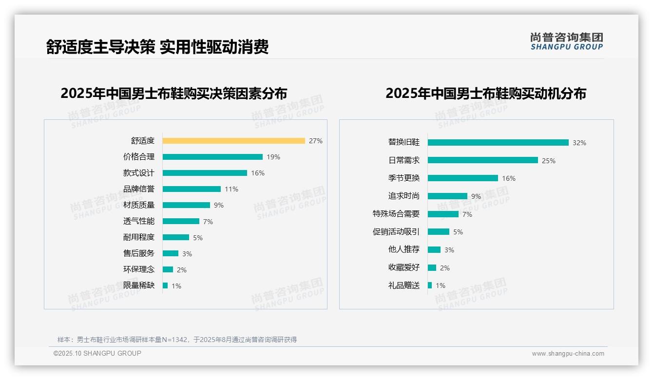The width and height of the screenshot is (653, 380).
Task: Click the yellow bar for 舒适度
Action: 233,141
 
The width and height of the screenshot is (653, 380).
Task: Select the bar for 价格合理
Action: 212,157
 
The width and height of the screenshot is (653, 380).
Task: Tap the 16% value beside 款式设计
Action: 258,173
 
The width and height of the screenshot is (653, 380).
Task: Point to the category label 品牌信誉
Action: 139,189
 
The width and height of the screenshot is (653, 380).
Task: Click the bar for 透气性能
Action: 181,221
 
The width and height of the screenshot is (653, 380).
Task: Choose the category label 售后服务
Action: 139,253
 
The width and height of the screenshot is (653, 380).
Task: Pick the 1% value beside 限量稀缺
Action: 176,286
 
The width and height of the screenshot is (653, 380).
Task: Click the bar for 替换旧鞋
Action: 498,142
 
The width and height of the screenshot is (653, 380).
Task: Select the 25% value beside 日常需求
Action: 549,161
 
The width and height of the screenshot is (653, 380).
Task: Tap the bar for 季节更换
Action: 463,178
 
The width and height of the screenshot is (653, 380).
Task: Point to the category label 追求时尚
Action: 403,196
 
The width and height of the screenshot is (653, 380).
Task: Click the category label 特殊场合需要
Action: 396,214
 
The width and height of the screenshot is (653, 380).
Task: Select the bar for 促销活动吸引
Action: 439,232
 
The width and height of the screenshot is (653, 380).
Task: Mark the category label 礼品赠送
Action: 403,285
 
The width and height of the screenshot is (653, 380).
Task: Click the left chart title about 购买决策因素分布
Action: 174,93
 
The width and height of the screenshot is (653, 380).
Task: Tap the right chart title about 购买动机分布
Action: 485,93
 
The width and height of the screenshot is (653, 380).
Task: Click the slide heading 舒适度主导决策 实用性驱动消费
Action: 157,47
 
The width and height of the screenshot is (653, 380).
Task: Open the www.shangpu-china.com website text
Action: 568,354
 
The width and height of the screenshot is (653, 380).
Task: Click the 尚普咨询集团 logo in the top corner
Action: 567,41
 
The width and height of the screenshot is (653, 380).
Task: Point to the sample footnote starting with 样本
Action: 177,340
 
